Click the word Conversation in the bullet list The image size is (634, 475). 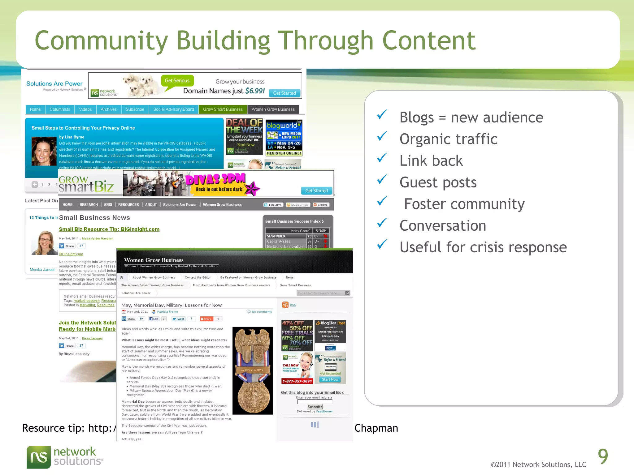coord(443,226)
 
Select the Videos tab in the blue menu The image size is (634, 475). coord(85,109)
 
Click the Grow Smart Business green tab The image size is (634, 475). coord(223,109)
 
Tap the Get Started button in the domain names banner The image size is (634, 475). coord(284,93)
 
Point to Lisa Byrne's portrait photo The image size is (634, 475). coord(44,152)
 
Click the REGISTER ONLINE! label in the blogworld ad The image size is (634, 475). coord(284,153)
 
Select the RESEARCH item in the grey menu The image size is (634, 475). coord(89,205)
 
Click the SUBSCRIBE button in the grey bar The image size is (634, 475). coord(297,205)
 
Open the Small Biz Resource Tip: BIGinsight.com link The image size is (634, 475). coord(109,229)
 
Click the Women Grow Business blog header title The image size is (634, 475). coord(154,260)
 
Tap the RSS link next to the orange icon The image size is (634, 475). coord(293,305)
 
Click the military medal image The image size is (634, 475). coord(253,370)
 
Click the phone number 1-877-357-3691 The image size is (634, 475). coord(297,381)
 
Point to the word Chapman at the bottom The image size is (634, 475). coord(376,428)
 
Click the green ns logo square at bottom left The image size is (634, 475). coord(39,457)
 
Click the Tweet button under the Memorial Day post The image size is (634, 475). coord(178,319)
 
